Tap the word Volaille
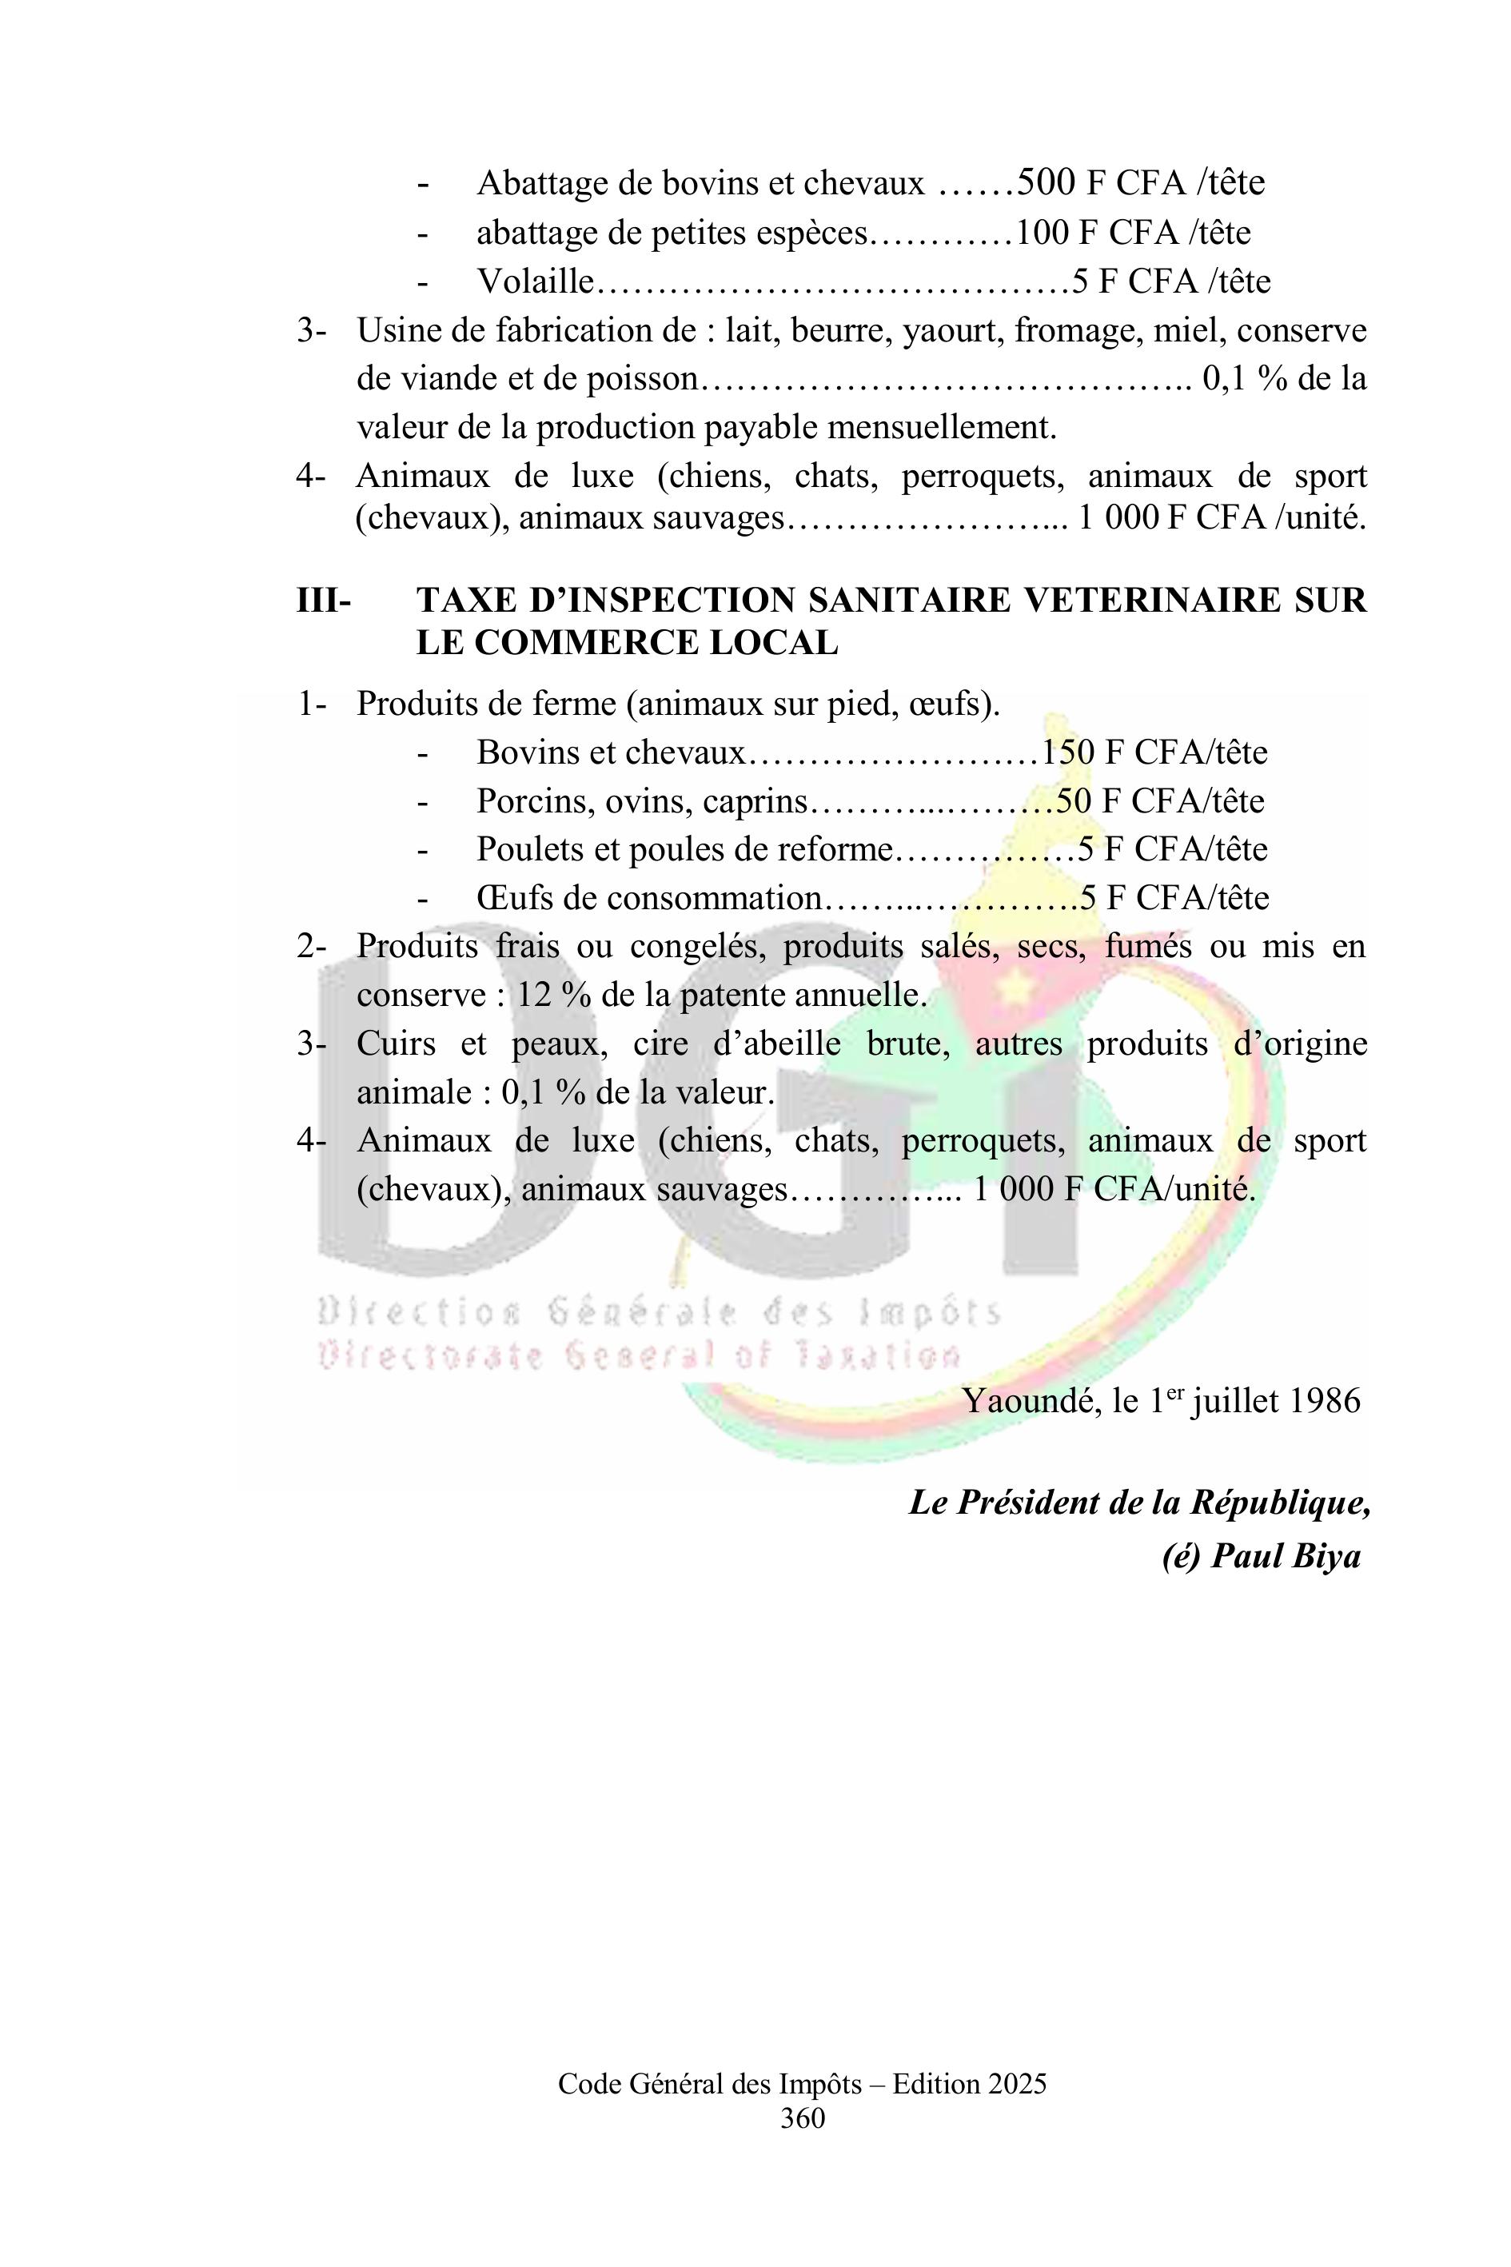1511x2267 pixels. pos(535,281)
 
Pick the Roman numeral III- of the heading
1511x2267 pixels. pos(324,601)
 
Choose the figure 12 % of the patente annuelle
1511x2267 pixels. pos(554,995)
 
